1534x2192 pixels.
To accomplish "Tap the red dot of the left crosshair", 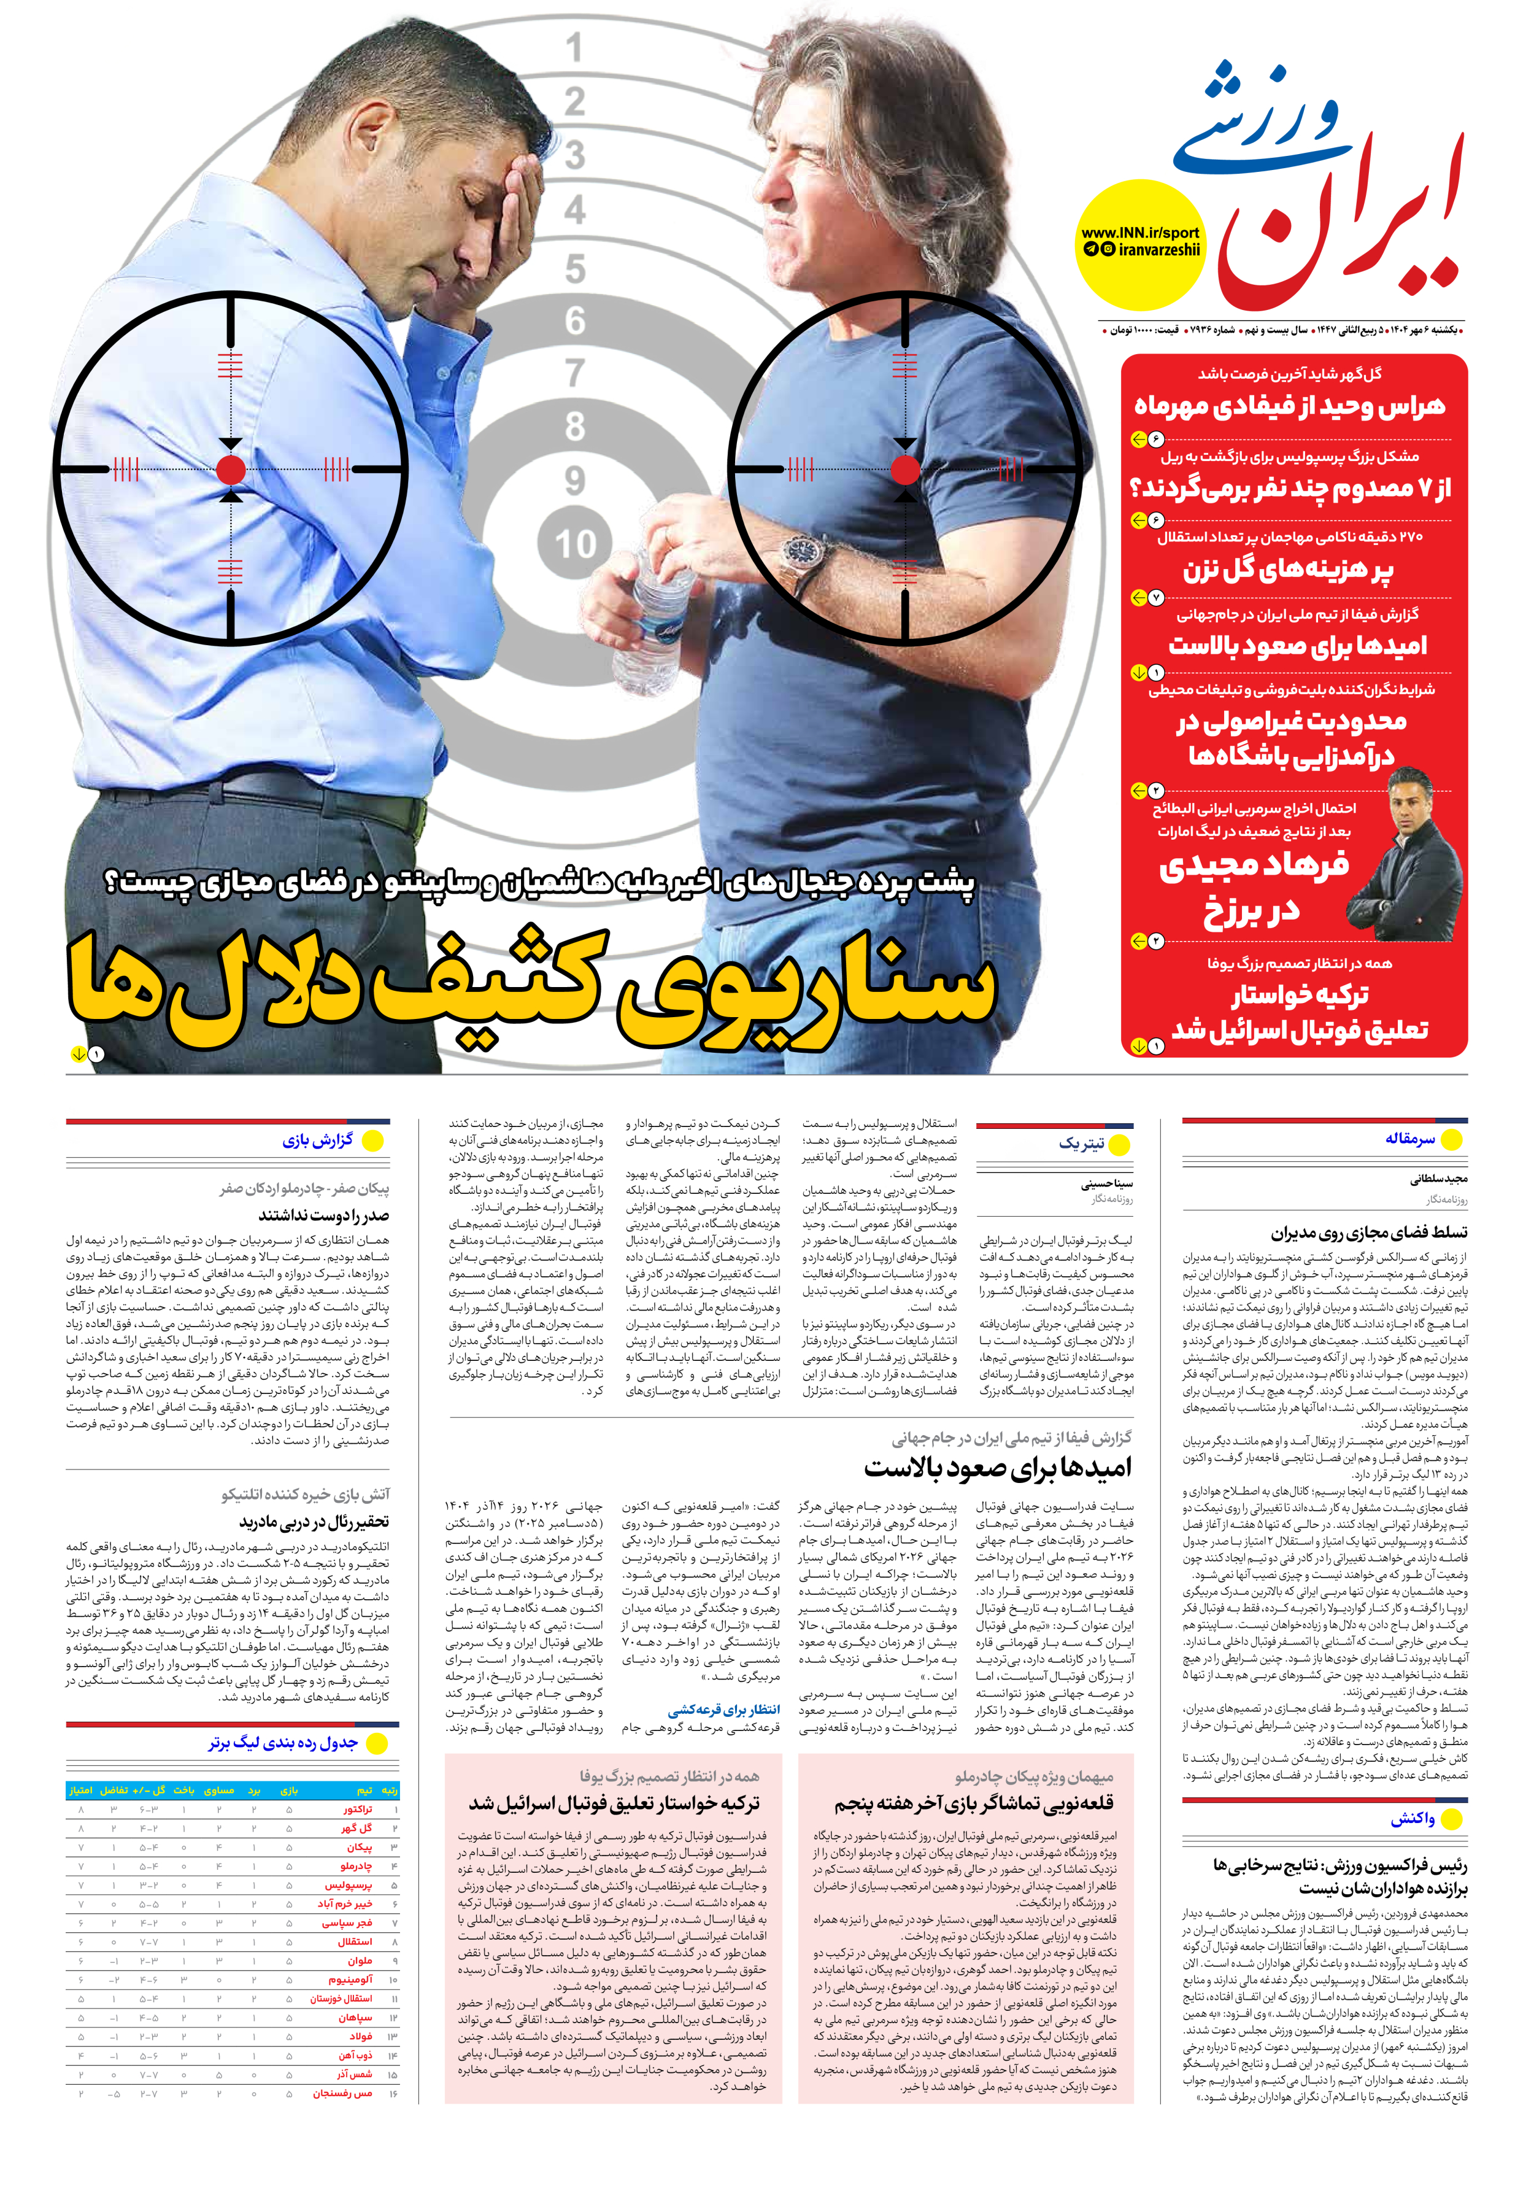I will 231,469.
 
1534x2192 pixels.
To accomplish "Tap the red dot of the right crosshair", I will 905,469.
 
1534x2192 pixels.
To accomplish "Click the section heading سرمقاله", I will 1410,1139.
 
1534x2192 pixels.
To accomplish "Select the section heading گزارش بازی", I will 318,1140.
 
